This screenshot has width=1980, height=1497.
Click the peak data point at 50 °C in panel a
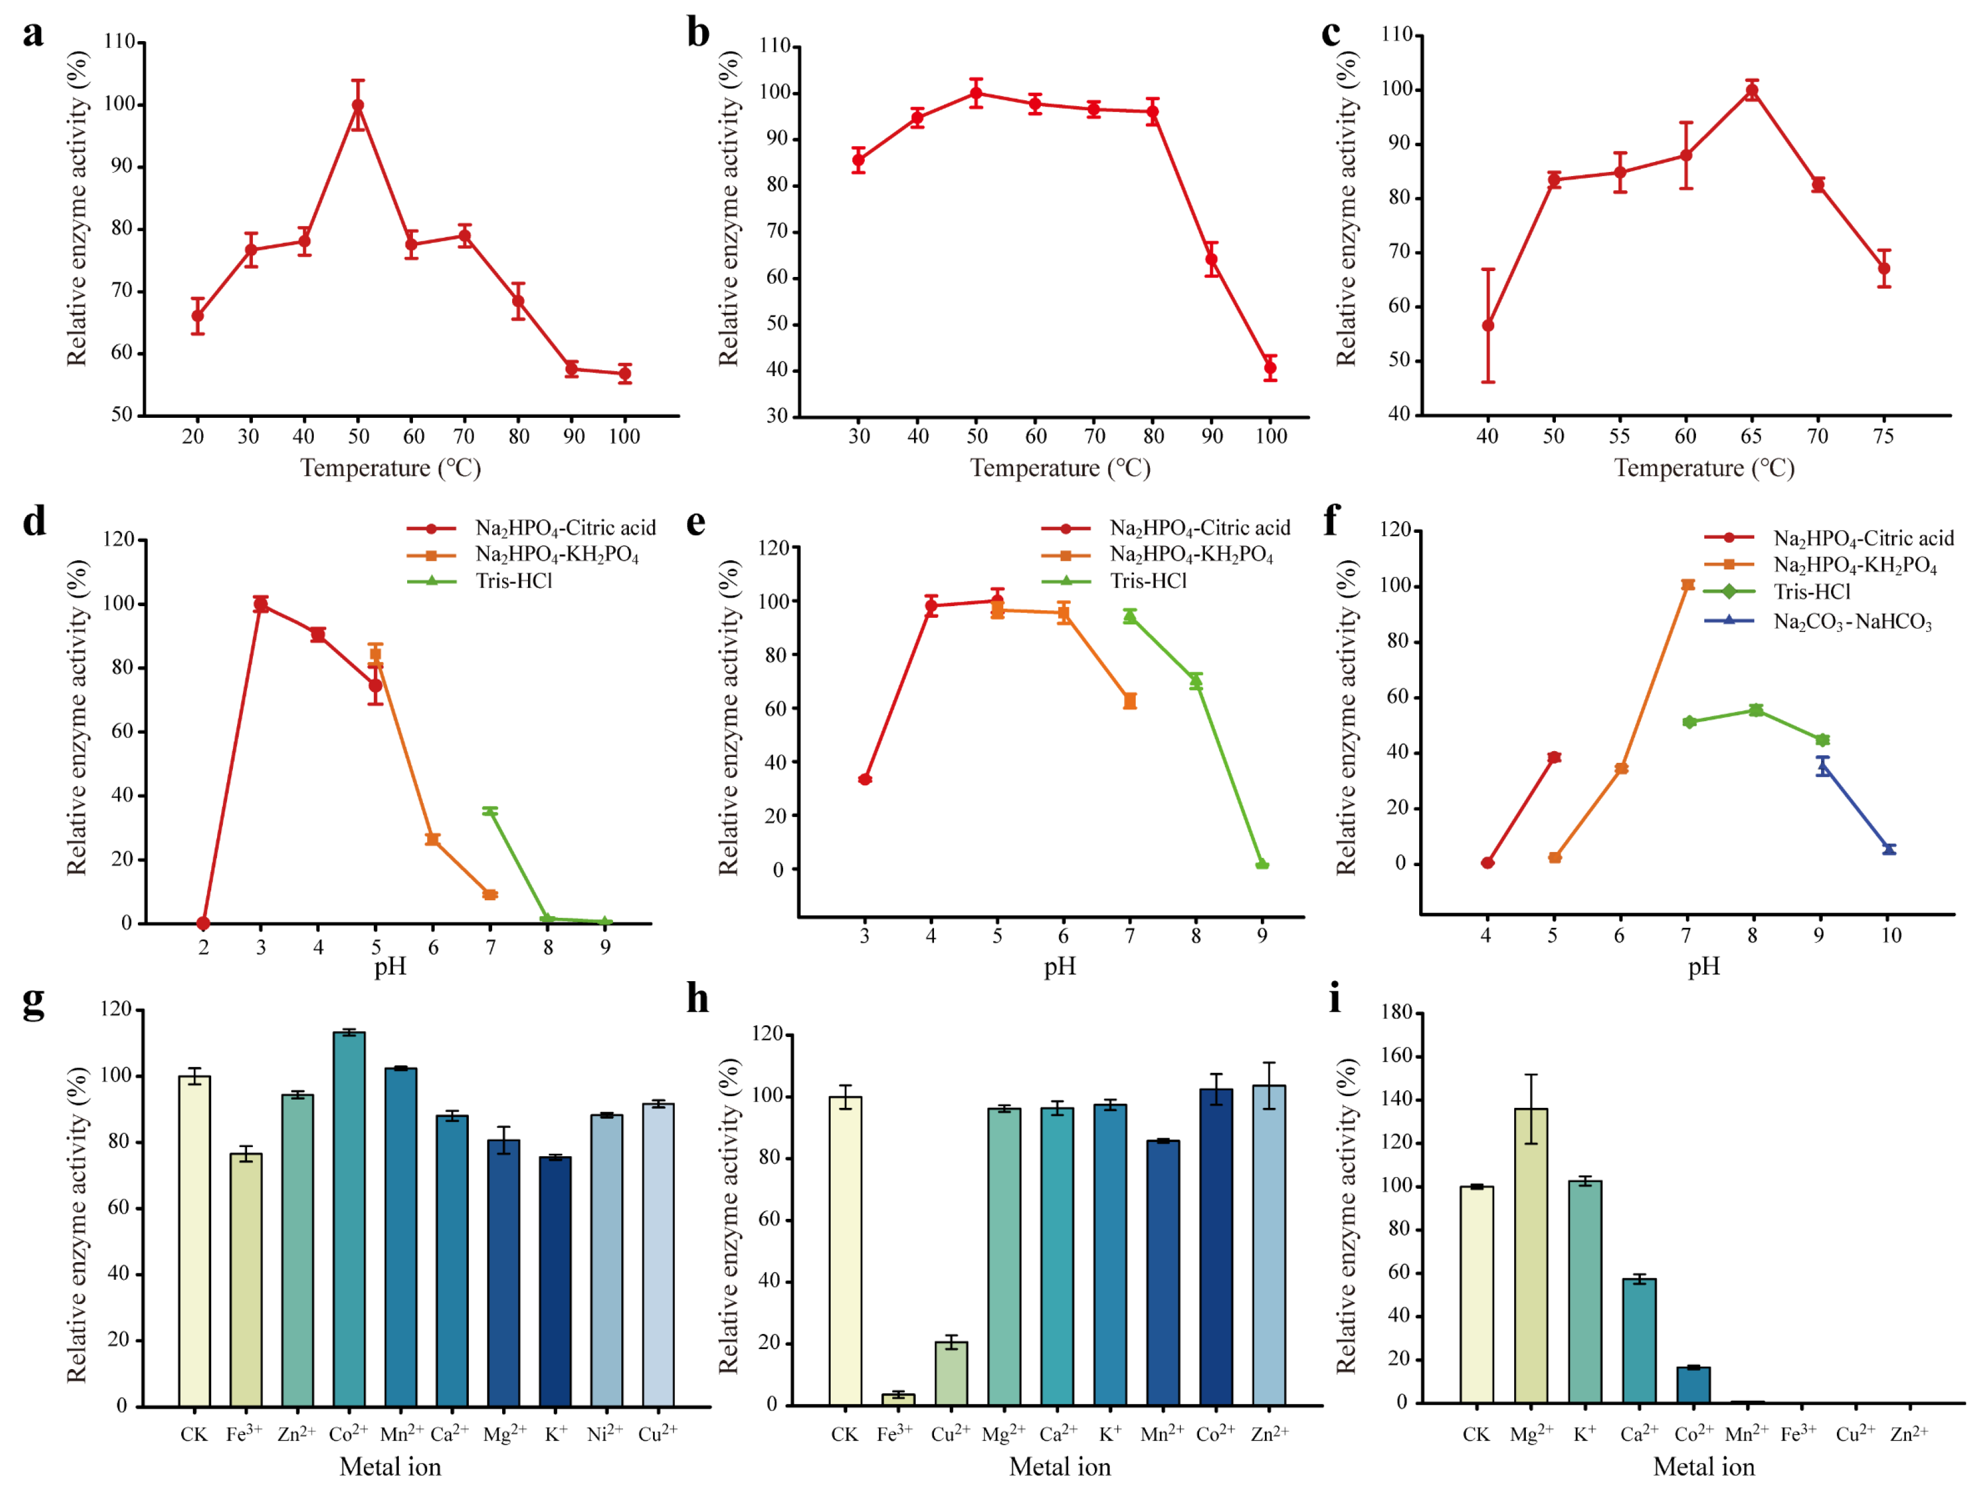pyautogui.click(x=358, y=106)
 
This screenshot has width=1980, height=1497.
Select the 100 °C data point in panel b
pyautogui.click(x=1270, y=368)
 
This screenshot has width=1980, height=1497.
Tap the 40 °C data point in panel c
pyautogui.click(x=1488, y=326)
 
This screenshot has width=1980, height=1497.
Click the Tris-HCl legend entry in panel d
pyautogui.click(x=514, y=581)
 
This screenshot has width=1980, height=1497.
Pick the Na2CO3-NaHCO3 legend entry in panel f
pyautogui.click(x=1852, y=621)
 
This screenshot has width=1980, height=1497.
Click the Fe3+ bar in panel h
pyautogui.click(x=898, y=1400)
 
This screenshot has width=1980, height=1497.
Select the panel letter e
pyautogui.click(x=696, y=522)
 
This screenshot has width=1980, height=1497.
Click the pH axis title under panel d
pyautogui.click(x=390, y=967)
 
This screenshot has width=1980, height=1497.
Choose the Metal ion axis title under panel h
pyautogui.click(x=1060, y=1466)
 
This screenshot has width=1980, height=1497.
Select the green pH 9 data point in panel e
pyautogui.click(x=1262, y=865)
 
